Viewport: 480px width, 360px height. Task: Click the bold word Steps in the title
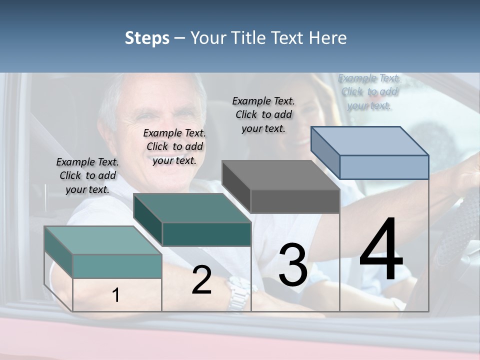[147, 38]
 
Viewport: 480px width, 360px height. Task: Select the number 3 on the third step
[292, 264]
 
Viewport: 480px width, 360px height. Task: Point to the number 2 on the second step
[201, 280]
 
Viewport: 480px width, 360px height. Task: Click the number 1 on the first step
[116, 295]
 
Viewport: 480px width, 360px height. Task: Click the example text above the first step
[87, 175]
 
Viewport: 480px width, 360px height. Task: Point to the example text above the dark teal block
[174, 146]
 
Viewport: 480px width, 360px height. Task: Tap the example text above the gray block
[263, 114]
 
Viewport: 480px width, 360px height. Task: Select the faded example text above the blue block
[369, 91]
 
